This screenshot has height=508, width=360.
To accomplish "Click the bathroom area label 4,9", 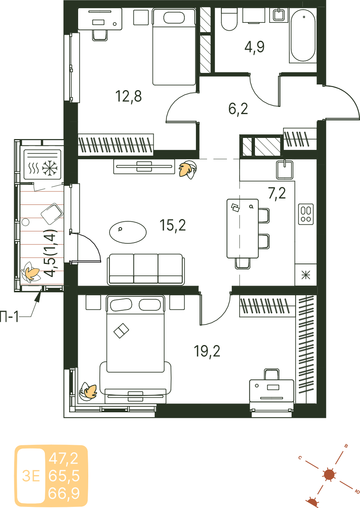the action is tap(254, 47).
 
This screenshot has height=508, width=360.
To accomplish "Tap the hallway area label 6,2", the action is tap(238, 109).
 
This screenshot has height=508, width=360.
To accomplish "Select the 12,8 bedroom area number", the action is tap(128, 96).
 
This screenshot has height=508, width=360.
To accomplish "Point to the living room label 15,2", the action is tap(173, 225).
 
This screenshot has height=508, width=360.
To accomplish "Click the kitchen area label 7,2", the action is tap(277, 194).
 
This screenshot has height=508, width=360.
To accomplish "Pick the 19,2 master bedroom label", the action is tap(207, 351).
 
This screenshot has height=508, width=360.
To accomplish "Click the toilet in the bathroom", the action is tap(229, 19).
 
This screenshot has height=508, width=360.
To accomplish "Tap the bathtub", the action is tap(303, 35).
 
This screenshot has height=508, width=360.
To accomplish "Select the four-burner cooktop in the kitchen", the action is tap(306, 214).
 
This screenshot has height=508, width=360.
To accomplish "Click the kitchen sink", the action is tap(284, 169).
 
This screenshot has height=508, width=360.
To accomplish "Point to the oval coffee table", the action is tap(128, 232).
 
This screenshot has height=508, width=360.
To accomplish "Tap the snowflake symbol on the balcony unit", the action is tap(50, 168).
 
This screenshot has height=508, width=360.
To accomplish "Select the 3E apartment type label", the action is tap(31, 476).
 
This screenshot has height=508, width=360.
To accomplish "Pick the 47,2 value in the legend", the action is tap(64, 458).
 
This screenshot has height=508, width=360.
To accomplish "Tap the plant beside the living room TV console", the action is tap(188, 170).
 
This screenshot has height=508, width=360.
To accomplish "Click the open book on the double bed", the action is tap(121, 331).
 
